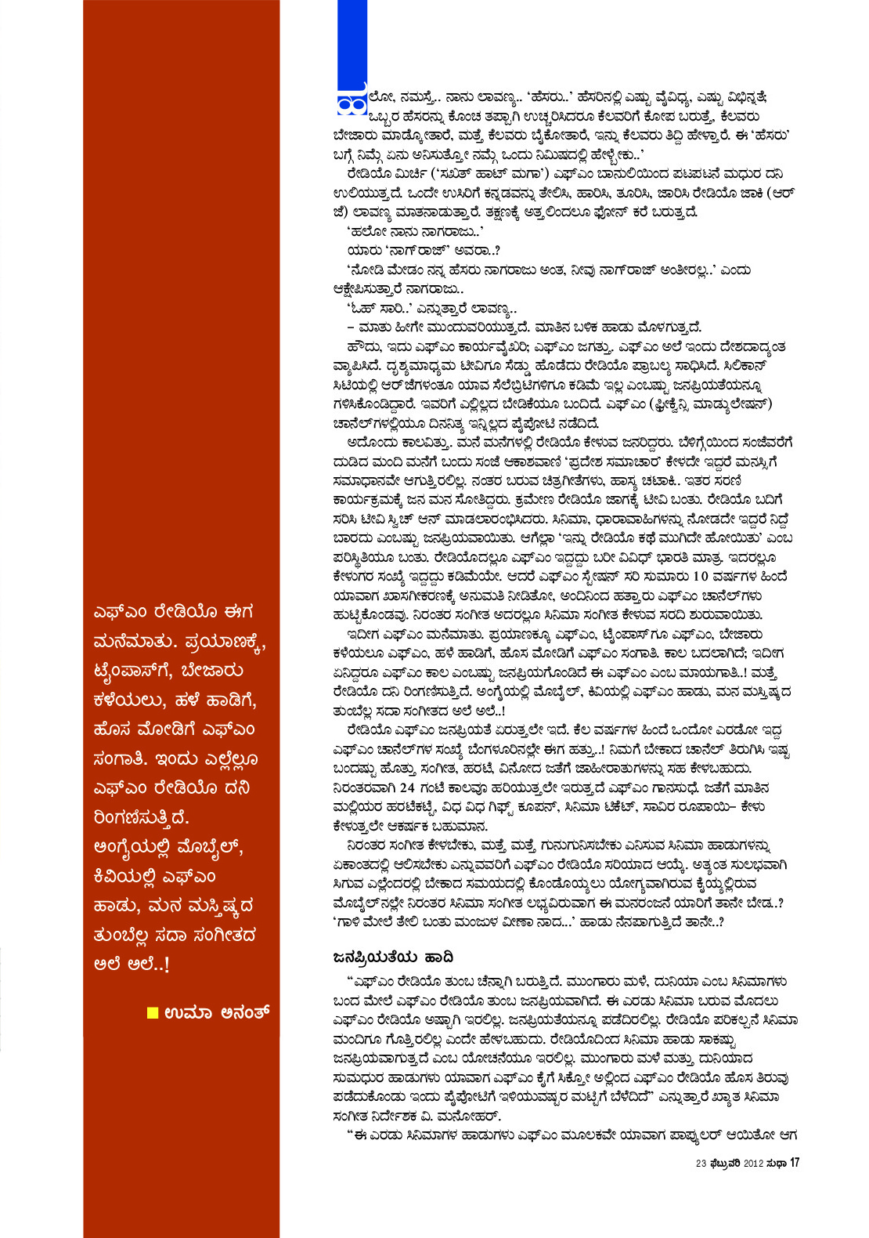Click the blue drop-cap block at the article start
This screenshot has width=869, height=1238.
346,47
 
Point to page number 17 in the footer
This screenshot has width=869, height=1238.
795,1163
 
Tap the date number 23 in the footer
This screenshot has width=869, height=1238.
701,1164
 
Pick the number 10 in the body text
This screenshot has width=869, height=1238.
701,577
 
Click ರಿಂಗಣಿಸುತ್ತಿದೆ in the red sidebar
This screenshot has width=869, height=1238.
141,817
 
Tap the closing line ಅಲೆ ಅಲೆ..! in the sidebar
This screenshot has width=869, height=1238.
131,964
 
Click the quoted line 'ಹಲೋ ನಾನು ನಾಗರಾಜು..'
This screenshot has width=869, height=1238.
414,231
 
